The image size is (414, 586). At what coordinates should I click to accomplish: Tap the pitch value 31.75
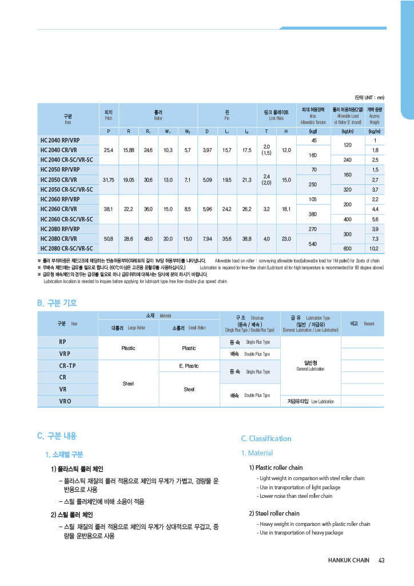pyautogui.click(x=108, y=180)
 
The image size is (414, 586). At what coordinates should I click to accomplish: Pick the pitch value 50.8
pyautogui.click(x=108, y=239)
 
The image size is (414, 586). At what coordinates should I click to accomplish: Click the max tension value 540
pyautogui.click(x=313, y=244)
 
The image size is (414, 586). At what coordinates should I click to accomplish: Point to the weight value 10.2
pyautogui.click(x=375, y=248)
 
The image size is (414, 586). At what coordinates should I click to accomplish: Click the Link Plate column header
pyautogui.click(x=276, y=114)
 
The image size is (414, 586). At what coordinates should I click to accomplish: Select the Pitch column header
pyautogui.click(x=109, y=114)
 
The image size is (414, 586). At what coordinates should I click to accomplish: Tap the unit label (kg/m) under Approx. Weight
pyautogui.click(x=375, y=131)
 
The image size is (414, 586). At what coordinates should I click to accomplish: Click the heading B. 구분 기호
pyautogui.click(x=57, y=303)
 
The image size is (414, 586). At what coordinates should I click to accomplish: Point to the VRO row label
pyautogui.click(x=65, y=401)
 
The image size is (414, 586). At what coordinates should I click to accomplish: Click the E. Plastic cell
pyautogui.click(x=189, y=366)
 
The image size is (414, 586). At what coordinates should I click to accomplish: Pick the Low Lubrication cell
pyautogui.click(x=310, y=401)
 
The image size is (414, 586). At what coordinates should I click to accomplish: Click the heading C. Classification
pyautogui.click(x=266, y=439)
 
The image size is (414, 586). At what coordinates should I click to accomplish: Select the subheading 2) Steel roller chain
pyautogui.click(x=274, y=513)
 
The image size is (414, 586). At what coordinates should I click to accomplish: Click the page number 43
pyautogui.click(x=381, y=560)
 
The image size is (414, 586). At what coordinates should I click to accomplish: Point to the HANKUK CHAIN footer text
pyautogui.click(x=348, y=560)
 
